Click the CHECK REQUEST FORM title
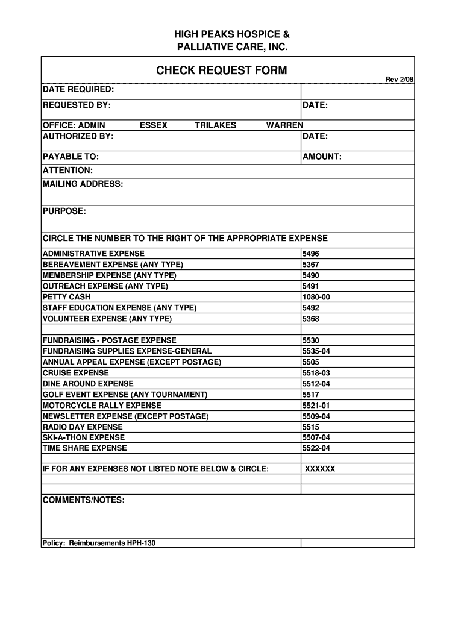pyautogui.click(x=222, y=71)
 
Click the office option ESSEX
pyautogui.click(x=153, y=125)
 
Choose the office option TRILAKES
pyautogui.click(x=215, y=125)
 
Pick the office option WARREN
pyautogui.click(x=284, y=125)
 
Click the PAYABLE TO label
pyautogui.click(x=71, y=157)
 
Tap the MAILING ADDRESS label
pyautogui.click(x=83, y=184)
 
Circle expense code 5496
pyautogui.click(x=311, y=254)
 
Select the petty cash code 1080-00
pyautogui.click(x=316, y=297)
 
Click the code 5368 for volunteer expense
pyautogui.click(x=311, y=319)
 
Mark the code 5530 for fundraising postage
pyautogui.click(x=311, y=340)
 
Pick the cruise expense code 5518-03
pyautogui.click(x=316, y=373)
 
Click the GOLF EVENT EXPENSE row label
pyautogui.click(x=125, y=395)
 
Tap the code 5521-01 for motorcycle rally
pyautogui.click(x=316, y=406)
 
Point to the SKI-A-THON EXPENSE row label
pyautogui.click(x=83, y=437)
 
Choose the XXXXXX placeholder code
pyautogui.click(x=320, y=469)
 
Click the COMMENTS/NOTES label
pyautogui.click(x=83, y=501)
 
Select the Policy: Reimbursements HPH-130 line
pyautogui.click(x=99, y=543)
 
